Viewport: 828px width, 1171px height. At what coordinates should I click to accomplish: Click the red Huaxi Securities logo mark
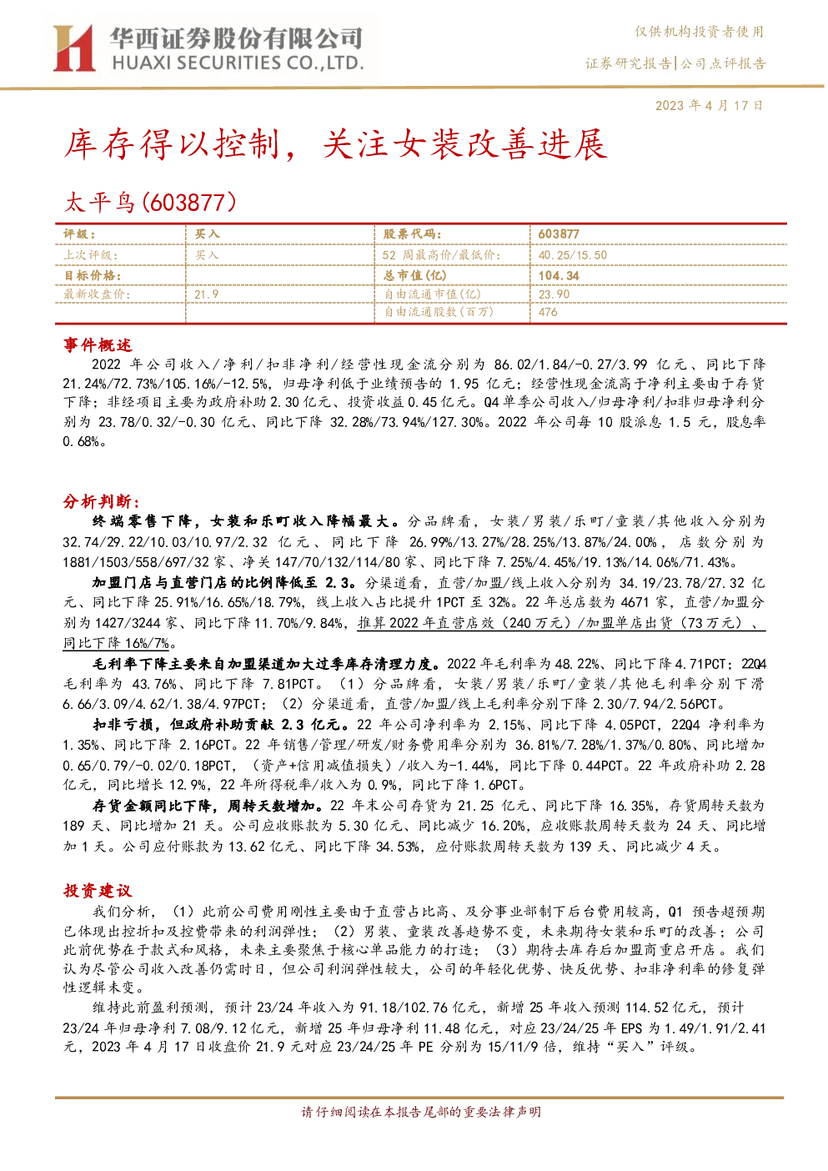[73, 48]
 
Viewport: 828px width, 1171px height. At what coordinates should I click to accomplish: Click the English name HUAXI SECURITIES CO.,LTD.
[238, 63]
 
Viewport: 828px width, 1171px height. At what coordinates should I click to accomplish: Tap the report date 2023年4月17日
[710, 106]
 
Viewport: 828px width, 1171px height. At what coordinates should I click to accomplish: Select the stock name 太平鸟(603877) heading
[150, 203]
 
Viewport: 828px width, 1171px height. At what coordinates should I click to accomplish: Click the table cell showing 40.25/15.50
[572, 255]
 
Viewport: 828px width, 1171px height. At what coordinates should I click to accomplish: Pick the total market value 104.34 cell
[559, 275]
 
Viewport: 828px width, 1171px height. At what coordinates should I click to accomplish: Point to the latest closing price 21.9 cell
[207, 295]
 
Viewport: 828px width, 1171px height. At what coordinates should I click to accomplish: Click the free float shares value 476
[548, 312]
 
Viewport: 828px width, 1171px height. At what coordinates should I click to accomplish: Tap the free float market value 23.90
[555, 294]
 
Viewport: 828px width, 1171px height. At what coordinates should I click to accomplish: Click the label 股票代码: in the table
[413, 234]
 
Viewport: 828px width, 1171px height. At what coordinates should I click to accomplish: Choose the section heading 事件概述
[98, 345]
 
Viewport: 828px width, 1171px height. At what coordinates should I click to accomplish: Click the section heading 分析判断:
[102, 502]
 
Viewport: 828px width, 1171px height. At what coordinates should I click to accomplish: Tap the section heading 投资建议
[98, 891]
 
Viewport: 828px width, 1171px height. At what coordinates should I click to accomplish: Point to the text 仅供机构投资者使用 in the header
[699, 32]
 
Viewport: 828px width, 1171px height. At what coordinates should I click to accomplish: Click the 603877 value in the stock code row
[559, 234]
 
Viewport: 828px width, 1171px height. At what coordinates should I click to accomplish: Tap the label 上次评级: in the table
[91, 255]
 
